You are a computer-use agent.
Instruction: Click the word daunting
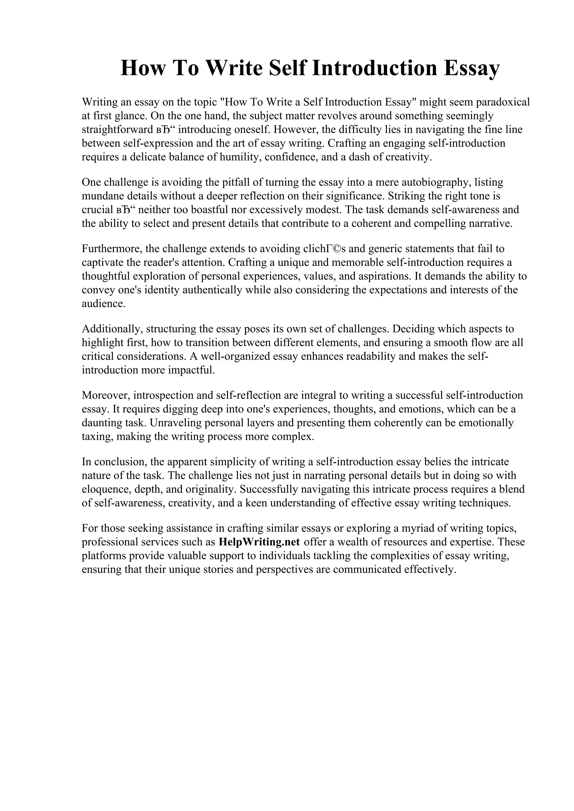click(103, 423)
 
